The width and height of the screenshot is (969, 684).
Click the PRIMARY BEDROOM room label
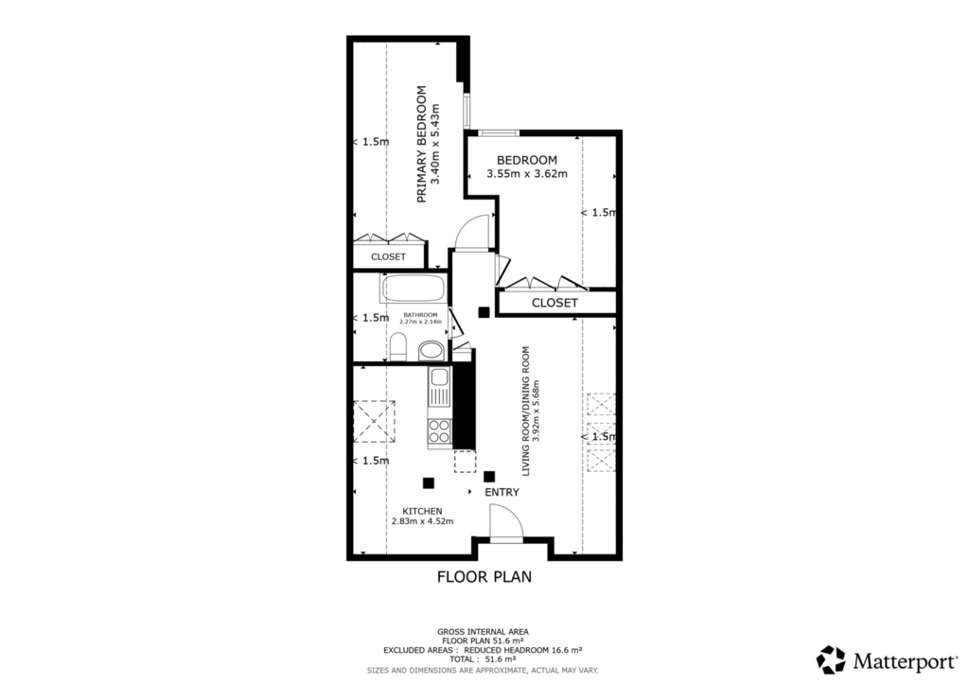pos(422,144)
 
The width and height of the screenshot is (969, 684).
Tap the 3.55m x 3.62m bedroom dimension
pos(527,174)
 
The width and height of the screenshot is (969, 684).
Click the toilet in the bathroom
pos(398,347)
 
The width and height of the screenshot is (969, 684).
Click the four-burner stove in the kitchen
pos(440,431)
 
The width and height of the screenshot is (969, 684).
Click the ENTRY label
pos(502,493)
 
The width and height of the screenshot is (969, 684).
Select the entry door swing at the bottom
pos(504,522)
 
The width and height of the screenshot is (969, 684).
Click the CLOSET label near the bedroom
pos(554,303)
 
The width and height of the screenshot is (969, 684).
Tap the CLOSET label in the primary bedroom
pos(388,256)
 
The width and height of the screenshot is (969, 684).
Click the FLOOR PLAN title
pos(484,576)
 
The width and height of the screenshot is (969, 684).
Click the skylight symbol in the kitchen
pos(374,422)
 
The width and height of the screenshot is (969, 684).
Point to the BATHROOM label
pos(420,314)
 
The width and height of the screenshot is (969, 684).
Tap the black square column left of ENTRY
pos(429,482)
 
